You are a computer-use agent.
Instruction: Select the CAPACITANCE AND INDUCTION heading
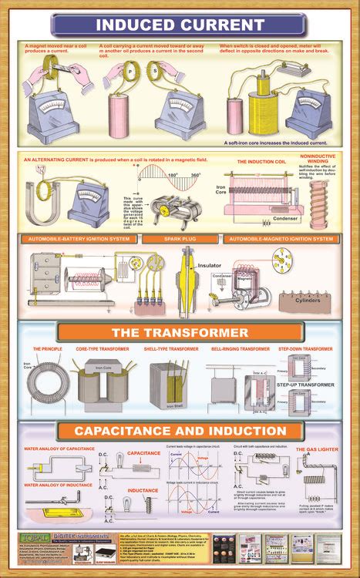(180, 430)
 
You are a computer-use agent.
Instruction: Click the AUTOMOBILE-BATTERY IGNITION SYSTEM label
(72, 239)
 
